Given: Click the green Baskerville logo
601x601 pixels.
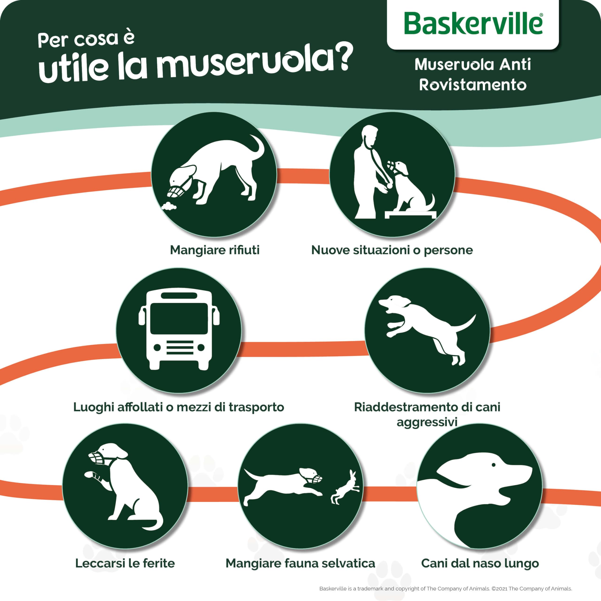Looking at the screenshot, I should (x=473, y=24).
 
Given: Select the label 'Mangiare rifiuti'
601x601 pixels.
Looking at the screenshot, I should (x=215, y=250).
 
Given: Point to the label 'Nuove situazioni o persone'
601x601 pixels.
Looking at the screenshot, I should (x=392, y=250).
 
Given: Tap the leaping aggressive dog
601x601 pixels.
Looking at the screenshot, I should (x=426, y=327).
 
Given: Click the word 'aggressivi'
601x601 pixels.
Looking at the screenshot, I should (x=427, y=422).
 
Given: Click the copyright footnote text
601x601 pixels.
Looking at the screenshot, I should (x=445, y=589).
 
